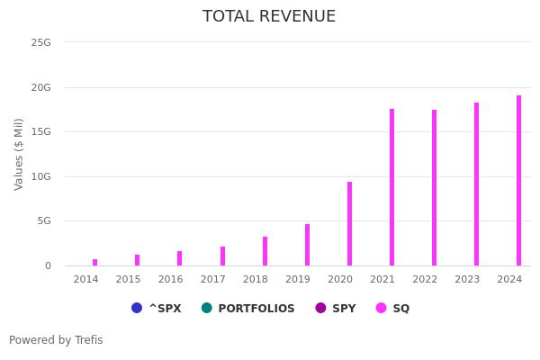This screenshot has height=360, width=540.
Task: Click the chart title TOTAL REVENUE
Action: point(269,17)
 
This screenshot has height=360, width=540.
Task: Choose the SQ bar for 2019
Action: point(307,245)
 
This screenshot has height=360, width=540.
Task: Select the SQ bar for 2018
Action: point(265,251)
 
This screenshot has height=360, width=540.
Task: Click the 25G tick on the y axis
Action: point(40,42)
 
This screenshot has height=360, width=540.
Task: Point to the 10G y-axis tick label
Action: point(40,176)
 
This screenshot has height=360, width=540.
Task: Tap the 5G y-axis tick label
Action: point(43,220)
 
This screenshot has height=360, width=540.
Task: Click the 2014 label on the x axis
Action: point(85,279)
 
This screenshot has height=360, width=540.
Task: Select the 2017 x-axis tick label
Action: point(212,279)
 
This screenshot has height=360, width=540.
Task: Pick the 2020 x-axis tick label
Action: point(340,279)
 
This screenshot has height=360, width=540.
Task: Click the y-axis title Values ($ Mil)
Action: point(19,154)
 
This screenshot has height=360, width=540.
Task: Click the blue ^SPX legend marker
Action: point(137,308)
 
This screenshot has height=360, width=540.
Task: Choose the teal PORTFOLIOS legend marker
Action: point(207,308)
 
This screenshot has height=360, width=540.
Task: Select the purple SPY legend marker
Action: point(320,308)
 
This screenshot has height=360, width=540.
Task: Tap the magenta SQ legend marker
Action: point(381,308)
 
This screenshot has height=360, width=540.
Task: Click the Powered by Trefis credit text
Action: point(56,340)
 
